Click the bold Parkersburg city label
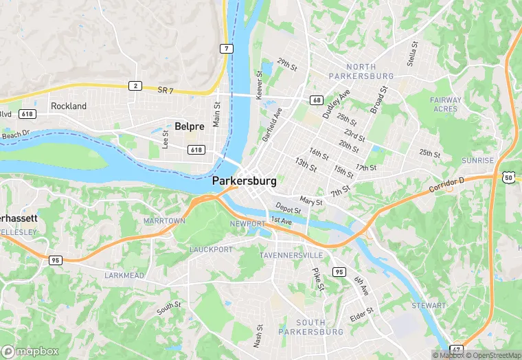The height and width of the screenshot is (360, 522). click(245, 181)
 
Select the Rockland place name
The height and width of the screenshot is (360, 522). click(69, 106)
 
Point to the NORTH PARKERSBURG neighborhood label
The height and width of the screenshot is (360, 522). click(361, 71)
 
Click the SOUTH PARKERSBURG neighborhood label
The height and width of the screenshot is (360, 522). click(310, 327)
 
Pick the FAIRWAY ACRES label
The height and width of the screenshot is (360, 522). click(445, 104)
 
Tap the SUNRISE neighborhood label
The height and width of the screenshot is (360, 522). click(477, 160)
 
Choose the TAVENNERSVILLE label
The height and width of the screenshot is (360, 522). click(291, 255)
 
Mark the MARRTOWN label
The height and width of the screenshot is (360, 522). click(164, 221)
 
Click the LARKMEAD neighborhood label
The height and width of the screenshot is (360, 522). click(124, 275)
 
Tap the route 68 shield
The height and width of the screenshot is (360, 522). click(316, 100)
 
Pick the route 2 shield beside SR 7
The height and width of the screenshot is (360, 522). click(136, 86)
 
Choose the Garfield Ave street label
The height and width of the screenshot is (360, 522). click(272, 124)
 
